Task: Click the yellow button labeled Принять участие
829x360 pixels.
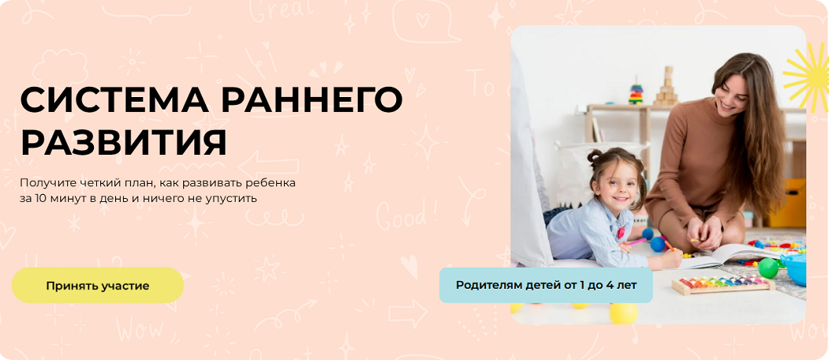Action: (x=97, y=286)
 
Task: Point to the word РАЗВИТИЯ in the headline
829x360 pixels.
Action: (x=124, y=141)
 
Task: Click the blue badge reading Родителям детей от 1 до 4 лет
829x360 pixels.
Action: (x=546, y=285)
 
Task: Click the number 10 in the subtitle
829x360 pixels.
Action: (x=41, y=199)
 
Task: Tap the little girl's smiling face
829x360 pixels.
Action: (x=615, y=185)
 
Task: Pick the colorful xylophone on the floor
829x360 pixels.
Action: (x=723, y=284)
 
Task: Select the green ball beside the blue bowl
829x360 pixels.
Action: (x=768, y=268)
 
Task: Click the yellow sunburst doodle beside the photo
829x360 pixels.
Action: (x=807, y=77)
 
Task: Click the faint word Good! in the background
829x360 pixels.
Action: (x=407, y=214)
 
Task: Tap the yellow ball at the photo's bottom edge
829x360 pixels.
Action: (x=623, y=314)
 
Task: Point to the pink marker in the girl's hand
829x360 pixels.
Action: (x=637, y=243)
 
